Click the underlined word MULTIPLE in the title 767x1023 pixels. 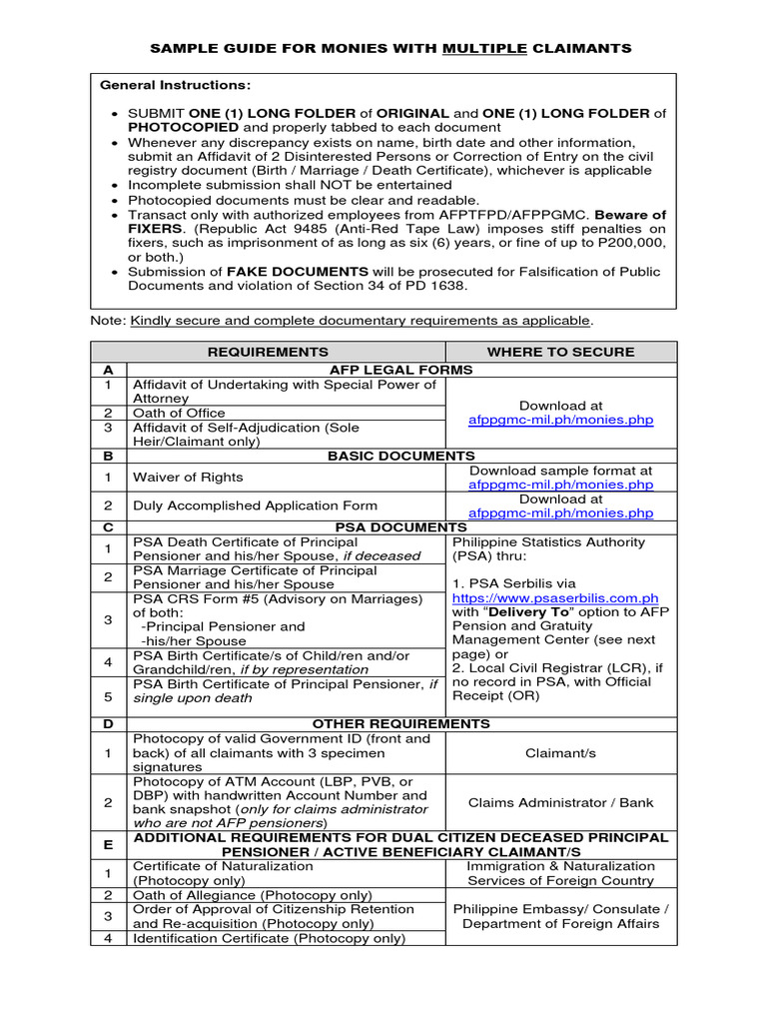point(484,48)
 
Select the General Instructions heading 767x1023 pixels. point(176,86)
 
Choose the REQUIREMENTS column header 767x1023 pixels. point(268,352)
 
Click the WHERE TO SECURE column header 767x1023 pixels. point(560,352)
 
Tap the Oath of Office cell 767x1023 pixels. point(180,413)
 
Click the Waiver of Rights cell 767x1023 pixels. point(188,478)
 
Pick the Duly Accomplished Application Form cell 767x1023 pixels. point(255,506)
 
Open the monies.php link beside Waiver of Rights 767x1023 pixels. point(560,485)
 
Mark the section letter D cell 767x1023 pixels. point(108,723)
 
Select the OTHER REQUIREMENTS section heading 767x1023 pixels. point(400,723)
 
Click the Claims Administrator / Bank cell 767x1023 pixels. point(560,802)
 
